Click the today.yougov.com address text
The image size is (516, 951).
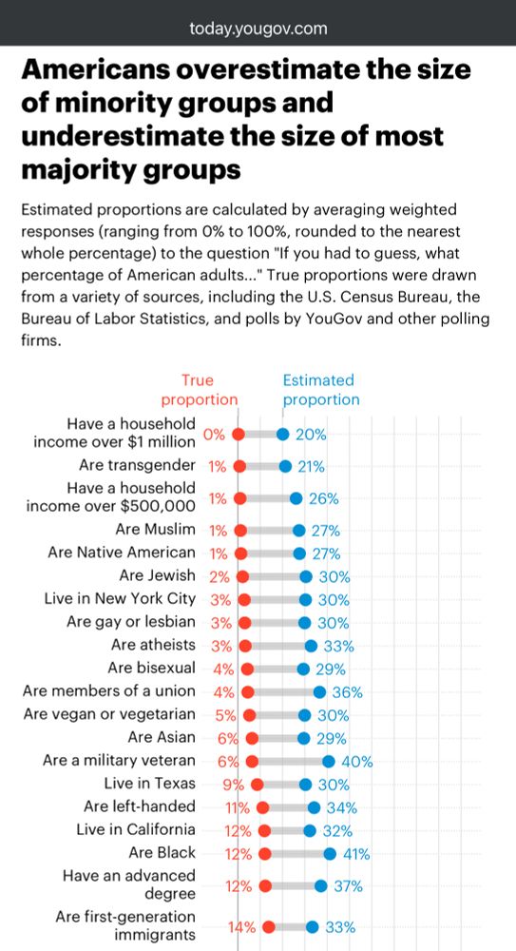coord(258,29)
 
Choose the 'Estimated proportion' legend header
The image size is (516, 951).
coord(320,390)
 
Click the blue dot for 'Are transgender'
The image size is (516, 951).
coord(285,466)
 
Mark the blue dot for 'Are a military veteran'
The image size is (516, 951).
coord(329,761)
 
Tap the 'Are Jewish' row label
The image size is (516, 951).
coord(157,575)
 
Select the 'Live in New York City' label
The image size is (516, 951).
coord(120,599)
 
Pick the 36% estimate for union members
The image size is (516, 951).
coord(348,691)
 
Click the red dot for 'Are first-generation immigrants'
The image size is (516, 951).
coord(269,926)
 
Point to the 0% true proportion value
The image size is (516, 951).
coord(214,435)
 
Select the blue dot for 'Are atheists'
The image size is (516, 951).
coord(311,646)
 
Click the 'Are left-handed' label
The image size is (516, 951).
coord(140,806)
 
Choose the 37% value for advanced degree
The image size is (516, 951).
coord(348,885)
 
